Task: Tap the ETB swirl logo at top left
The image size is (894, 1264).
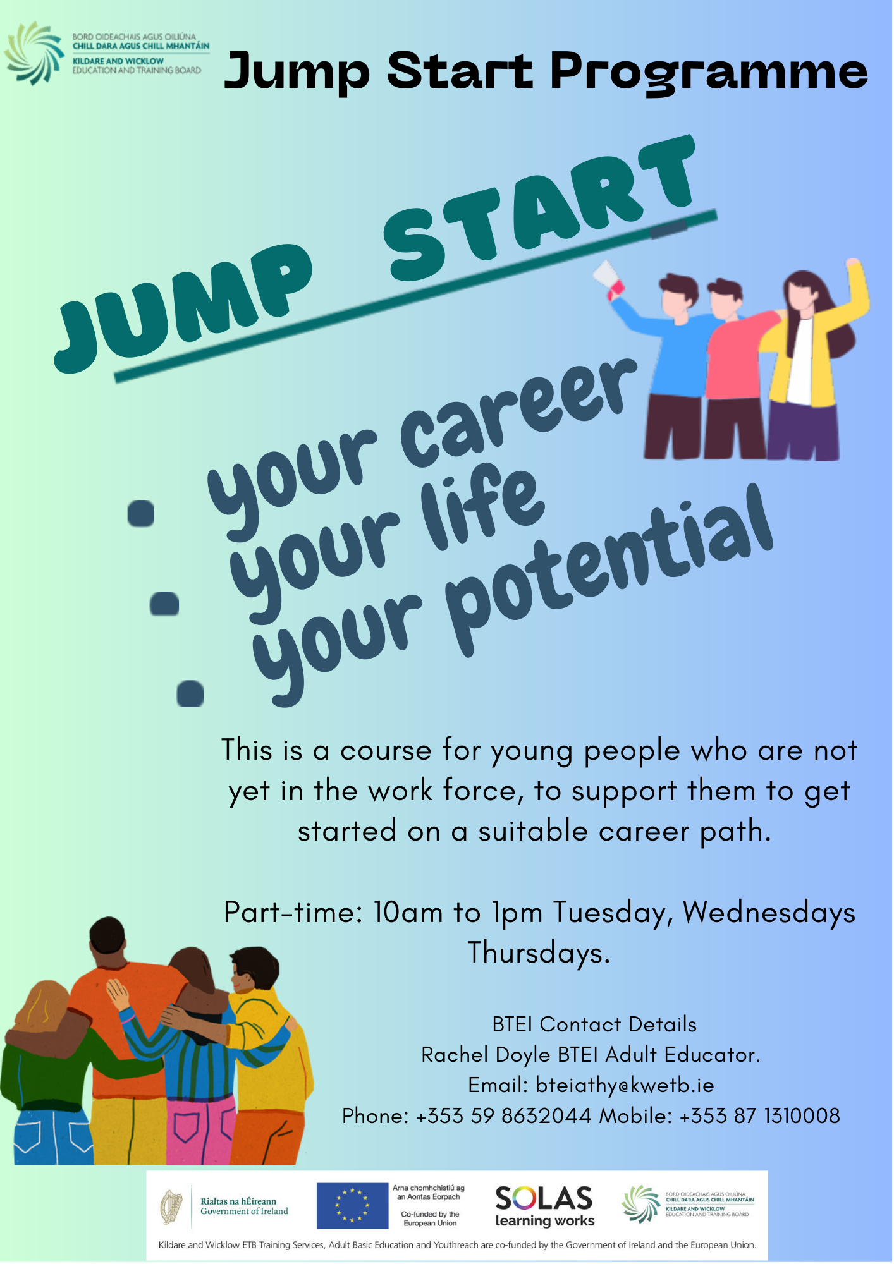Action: pyautogui.click(x=35, y=53)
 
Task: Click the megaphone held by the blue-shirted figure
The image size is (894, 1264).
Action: pyautogui.click(x=607, y=279)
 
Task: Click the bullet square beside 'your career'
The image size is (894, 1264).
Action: pyautogui.click(x=141, y=513)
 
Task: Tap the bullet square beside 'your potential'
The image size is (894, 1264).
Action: pyautogui.click(x=190, y=694)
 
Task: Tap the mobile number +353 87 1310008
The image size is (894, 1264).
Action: pyautogui.click(x=759, y=1117)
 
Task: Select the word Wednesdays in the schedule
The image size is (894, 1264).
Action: pyautogui.click(x=769, y=913)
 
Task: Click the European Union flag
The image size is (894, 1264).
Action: pyautogui.click(x=352, y=1206)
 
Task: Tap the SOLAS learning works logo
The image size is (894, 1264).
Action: pyautogui.click(x=544, y=1206)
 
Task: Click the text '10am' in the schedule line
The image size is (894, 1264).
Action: pyautogui.click(x=408, y=913)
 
